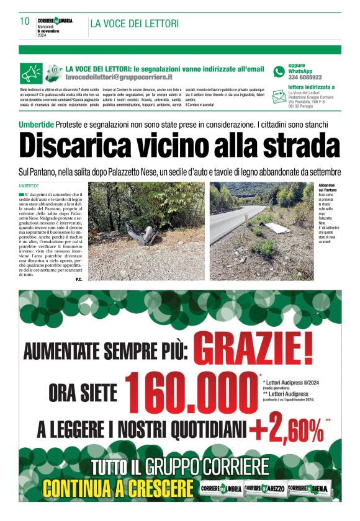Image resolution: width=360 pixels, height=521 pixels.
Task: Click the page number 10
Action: pyautogui.click(x=25, y=22)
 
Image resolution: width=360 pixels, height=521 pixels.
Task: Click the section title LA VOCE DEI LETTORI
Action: pyautogui.click(x=134, y=24)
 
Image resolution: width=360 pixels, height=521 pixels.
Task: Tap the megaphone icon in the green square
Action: pyautogui.click(x=30, y=73)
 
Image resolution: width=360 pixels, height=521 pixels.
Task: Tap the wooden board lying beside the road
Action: pyautogui.click(x=273, y=227)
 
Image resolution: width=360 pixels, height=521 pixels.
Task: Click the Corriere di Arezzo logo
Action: pyautogui.click(x=265, y=488)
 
